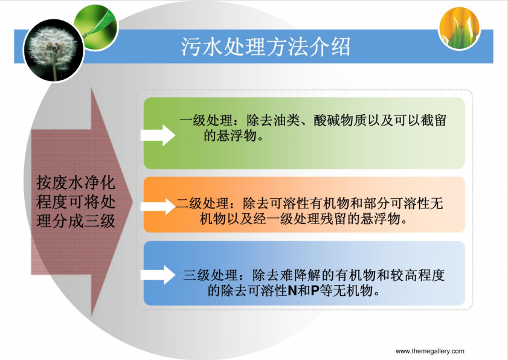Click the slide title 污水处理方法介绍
266,47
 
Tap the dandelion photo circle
53,50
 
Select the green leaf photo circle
96,27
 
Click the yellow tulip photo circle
460,28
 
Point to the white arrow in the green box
158,135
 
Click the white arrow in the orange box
158,206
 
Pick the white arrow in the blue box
158,275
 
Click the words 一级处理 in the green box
206,121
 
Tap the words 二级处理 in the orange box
202,204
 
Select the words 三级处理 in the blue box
210,275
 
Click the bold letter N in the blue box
292,291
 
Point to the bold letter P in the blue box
315,291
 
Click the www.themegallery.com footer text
430,351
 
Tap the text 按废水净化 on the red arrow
76,182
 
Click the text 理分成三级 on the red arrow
76,221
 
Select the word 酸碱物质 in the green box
340,121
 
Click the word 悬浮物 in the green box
236,136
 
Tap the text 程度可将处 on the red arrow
76,202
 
